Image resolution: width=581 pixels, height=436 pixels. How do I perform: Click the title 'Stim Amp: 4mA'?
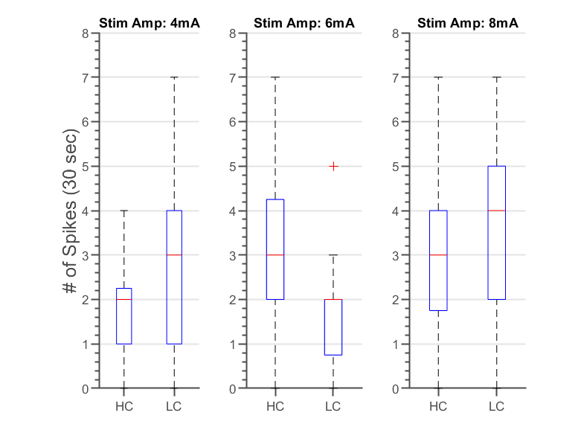pyautogui.click(x=150, y=24)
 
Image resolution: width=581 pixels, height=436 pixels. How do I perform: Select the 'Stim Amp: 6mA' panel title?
pyautogui.click(x=304, y=24)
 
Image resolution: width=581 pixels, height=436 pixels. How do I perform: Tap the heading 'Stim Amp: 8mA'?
pyautogui.click(x=467, y=24)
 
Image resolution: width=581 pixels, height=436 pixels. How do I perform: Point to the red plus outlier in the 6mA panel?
pyautogui.click(x=333, y=166)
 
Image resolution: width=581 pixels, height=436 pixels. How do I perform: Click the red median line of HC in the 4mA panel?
pyautogui.click(x=123, y=299)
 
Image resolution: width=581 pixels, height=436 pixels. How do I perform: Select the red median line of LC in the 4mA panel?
pyautogui.click(x=174, y=255)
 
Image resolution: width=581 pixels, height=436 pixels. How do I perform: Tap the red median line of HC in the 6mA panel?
pyautogui.click(x=275, y=255)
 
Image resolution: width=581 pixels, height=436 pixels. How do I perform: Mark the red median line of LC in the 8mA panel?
pyautogui.click(x=496, y=211)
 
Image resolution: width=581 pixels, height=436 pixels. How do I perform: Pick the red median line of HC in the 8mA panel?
pyautogui.click(x=438, y=255)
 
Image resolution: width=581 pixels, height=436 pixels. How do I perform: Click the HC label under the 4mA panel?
pyautogui.click(x=123, y=406)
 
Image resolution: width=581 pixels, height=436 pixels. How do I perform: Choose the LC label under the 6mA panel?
pyautogui.click(x=333, y=406)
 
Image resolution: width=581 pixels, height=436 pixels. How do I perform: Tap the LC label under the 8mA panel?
pyautogui.click(x=496, y=406)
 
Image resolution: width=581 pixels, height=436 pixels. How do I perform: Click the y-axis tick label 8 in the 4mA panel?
pyautogui.click(x=86, y=33)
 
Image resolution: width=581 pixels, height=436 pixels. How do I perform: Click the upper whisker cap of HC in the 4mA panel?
pyautogui.click(x=123, y=211)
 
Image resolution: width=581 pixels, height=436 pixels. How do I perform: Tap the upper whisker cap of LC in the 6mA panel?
pyautogui.click(x=333, y=255)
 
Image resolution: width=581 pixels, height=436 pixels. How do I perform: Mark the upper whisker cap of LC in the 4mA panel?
pyautogui.click(x=174, y=77)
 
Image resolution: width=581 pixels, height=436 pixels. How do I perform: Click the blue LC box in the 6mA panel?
pyautogui.click(x=333, y=327)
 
